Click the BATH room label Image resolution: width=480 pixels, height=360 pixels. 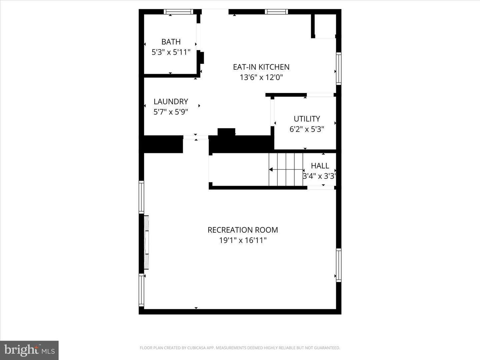(x=171, y=42)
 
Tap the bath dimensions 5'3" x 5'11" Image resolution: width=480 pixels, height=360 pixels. (x=171, y=52)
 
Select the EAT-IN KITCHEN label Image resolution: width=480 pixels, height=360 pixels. (x=261, y=67)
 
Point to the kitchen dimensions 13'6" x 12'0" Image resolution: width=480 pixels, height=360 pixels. (x=261, y=77)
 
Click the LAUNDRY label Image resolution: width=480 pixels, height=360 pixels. (x=171, y=101)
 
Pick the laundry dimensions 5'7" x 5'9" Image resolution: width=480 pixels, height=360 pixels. (x=171, y=112)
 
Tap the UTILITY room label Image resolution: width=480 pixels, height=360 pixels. (x=307, y=119)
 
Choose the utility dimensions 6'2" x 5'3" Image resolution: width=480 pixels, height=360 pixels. (x=307, y=129)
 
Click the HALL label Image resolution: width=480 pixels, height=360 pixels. (x=320, y=166)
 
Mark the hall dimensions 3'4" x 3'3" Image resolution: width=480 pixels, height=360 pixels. (x=319, y=176)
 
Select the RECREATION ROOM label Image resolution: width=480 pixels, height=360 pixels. (x=243, y=230)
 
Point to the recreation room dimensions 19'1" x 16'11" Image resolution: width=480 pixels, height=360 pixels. (x=243, y=240)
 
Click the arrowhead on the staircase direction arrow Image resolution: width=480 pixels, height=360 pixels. (x=271, y=170)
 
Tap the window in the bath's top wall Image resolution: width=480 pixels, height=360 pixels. (x=179, y=12)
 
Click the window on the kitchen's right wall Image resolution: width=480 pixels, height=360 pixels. (x=339, y=68)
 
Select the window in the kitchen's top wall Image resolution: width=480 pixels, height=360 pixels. (x=276, y=12)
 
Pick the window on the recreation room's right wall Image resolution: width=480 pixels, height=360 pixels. (x=339, y=265)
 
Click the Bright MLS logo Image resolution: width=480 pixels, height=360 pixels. (x=29, y=350)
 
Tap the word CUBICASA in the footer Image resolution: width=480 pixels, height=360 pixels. (x=196, y=348)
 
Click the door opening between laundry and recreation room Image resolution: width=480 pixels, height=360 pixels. (x=196, y=137)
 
